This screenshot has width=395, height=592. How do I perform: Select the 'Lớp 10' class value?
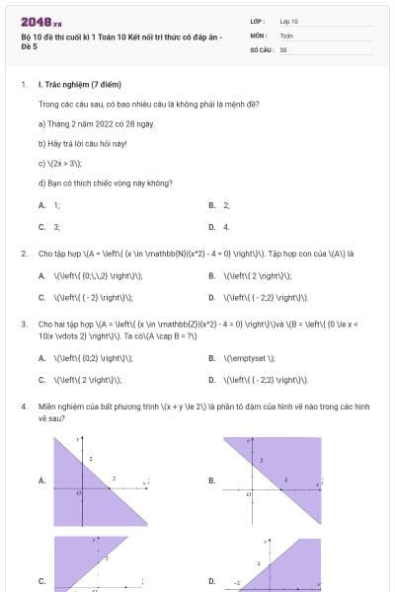[289, 20]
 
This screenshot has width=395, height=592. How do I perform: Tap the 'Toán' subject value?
[286, 34]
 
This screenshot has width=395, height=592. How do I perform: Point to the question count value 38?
[283, 48]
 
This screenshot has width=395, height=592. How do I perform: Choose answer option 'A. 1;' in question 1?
[49, 204]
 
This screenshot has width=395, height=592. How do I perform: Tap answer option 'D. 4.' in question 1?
[219, 226]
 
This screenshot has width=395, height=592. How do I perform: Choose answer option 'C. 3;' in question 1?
[49, 226]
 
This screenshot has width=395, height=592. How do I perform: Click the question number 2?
[23, 254]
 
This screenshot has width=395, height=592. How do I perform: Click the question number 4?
[23, 407]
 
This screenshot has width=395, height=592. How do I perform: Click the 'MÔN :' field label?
[260, 34]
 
